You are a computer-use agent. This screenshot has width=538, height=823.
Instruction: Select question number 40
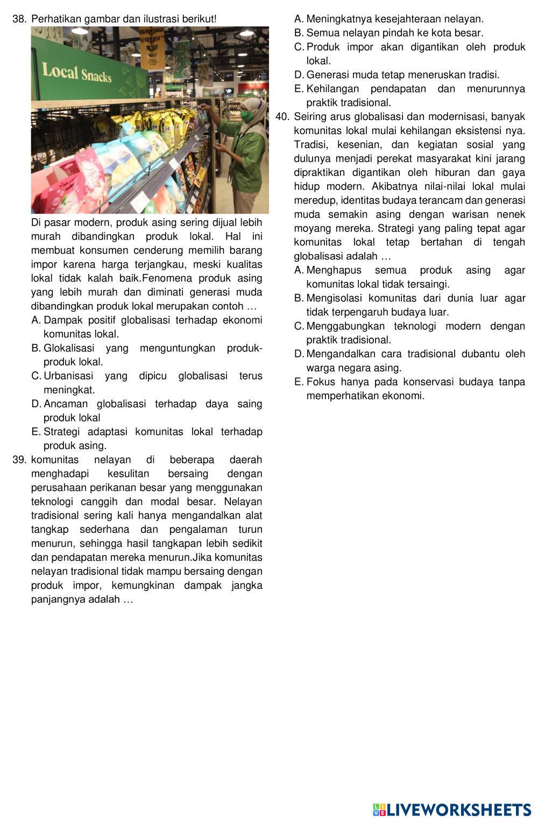click(x=282, y=117)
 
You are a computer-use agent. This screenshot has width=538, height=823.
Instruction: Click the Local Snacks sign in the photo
click(x=77, y=73)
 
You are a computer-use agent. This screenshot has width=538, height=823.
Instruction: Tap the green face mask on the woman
click(x=247, y=115)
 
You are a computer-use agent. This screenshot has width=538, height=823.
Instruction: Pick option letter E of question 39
click(x=299, y=89)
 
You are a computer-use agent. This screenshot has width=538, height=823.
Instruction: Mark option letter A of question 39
click(x=299, y=19)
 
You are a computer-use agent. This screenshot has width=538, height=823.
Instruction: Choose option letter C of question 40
click(x=299, y=326)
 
